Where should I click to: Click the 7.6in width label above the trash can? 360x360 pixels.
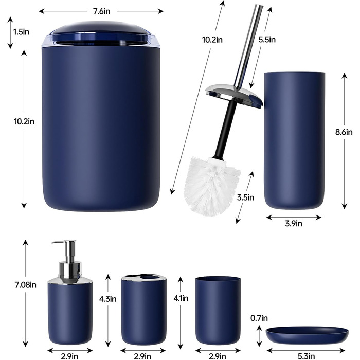101,11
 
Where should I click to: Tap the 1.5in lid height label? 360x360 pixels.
22,32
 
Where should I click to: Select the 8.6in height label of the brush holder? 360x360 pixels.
344,132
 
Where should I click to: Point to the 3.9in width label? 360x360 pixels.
294,223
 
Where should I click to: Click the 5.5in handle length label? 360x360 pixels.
267,40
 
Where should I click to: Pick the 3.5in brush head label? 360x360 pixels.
246,197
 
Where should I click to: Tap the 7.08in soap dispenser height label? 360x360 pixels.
26,285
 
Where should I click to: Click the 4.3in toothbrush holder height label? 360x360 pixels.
107,299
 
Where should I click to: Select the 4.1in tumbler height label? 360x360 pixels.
181,298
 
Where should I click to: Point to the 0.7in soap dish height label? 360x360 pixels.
259,318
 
